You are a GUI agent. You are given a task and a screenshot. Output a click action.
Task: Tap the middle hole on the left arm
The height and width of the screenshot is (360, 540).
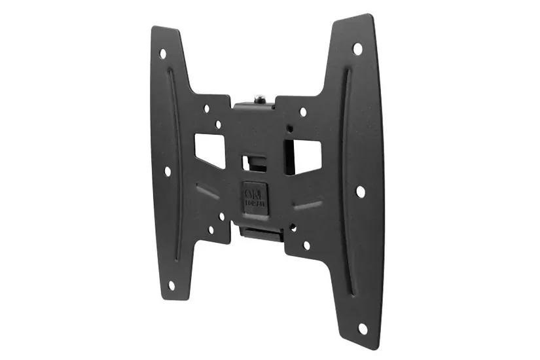click(168, 171)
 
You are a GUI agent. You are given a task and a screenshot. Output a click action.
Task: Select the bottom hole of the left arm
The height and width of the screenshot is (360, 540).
click(171, 285)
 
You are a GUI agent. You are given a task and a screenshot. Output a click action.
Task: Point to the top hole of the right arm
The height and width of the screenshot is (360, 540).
click(357, 48)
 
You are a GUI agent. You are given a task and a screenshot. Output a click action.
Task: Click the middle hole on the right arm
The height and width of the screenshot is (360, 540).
click(360, 191)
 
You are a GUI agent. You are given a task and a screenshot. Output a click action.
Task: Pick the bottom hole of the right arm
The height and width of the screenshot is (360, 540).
click(362, 329)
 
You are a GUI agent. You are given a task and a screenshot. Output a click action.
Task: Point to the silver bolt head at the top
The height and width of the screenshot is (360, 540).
click(261, 98)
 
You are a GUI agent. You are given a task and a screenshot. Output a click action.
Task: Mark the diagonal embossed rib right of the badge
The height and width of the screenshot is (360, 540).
click(307, 205)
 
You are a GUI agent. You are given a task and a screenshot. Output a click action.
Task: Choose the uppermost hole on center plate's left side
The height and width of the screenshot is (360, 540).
click(207, 108)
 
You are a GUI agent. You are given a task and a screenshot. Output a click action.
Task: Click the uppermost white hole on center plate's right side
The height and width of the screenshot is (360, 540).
click(303, 112)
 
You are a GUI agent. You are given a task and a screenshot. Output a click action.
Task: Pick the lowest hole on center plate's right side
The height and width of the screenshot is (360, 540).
click(306, 245)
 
